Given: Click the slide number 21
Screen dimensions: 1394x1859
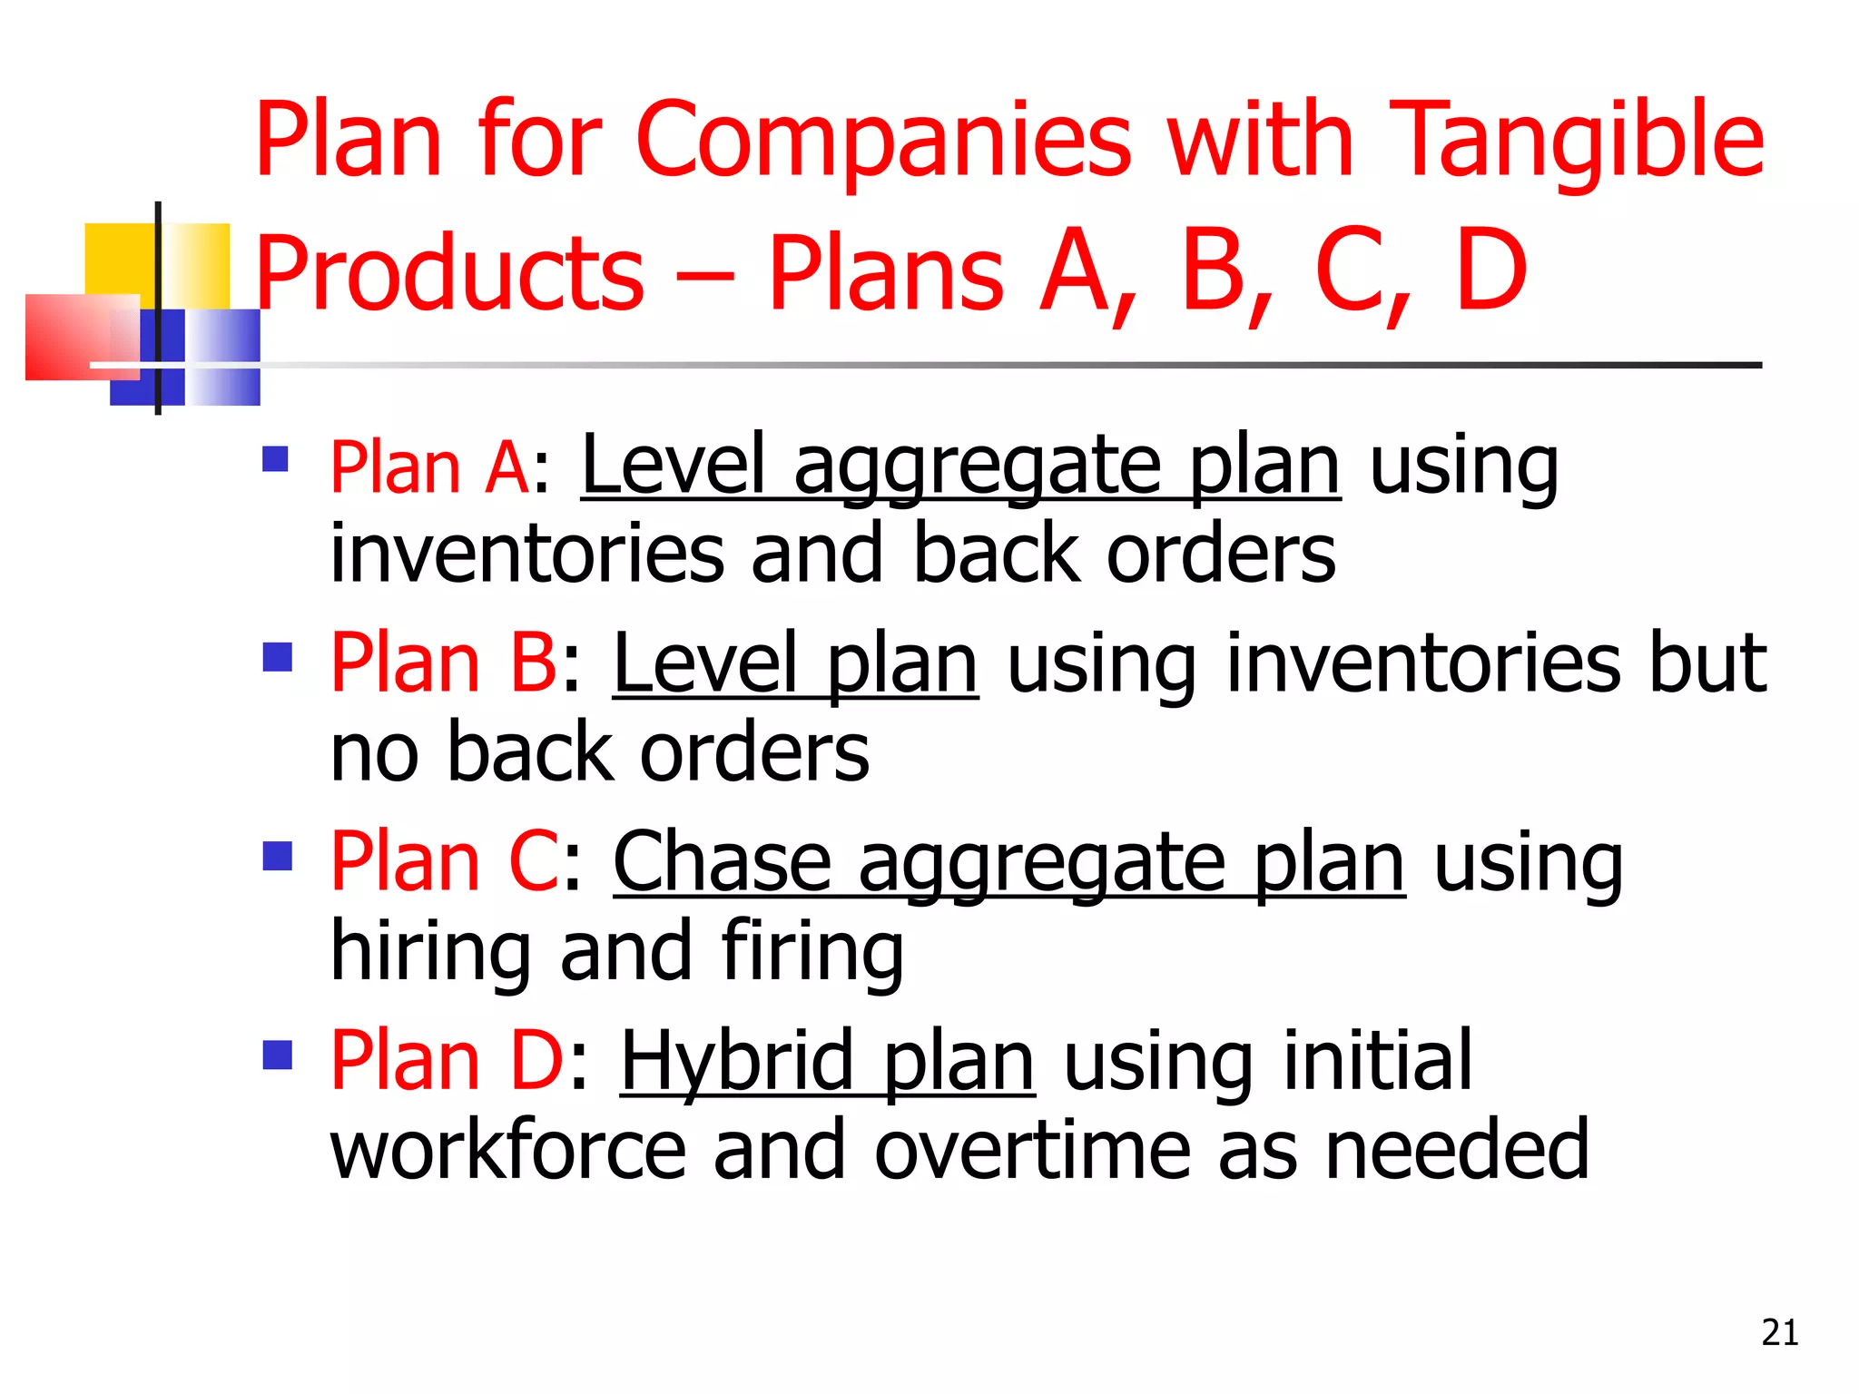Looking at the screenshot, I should tap(1779, 1332).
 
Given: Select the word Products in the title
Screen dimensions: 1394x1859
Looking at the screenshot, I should tap(449, 272).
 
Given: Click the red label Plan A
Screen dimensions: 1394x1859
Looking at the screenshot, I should tap(429, 467).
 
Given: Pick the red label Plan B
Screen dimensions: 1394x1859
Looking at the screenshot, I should tap(444, 663).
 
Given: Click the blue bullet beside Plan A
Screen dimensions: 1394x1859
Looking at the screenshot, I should tap(275, 459).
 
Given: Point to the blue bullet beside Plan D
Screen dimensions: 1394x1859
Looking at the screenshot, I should tap(277, 1055).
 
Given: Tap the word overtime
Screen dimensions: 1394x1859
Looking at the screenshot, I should tap(1032, 1151).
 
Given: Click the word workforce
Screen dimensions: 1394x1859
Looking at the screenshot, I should tap(508, 1151).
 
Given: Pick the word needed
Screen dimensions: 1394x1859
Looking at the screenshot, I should tap(1457, 1151).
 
